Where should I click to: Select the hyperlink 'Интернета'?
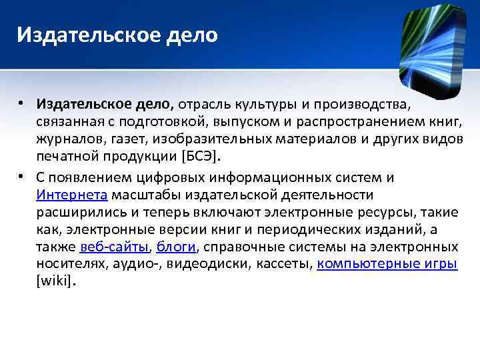click(x=72, y=195)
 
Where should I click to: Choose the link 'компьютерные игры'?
click(x=387, y=263)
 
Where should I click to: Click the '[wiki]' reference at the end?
click(x=54, y=281)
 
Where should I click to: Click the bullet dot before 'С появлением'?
click(x=23, y=177)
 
